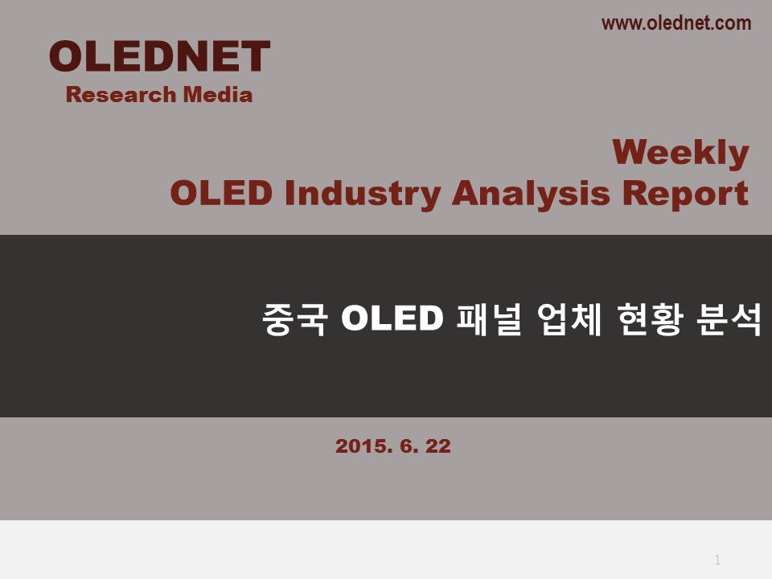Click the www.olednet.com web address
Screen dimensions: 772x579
coord(676,23)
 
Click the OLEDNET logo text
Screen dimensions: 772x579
coord(159,56)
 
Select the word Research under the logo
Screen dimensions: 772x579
coord(121,94)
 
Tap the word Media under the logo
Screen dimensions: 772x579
coord(218,94)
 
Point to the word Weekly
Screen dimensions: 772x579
coord(680,153)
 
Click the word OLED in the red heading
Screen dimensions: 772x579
coord(221,192)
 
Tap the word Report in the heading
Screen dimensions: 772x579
coord(685,194)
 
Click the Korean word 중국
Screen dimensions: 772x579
coord(294,319)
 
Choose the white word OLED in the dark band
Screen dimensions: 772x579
coord(392,318)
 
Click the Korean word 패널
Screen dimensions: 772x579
coord(488,319)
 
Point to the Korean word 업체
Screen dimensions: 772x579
coord(569,319)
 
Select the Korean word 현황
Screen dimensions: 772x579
coord(650,319)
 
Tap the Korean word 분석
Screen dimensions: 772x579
coord(729,319)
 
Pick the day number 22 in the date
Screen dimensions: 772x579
coord(438,446)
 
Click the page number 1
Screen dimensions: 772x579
coord(717,560)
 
